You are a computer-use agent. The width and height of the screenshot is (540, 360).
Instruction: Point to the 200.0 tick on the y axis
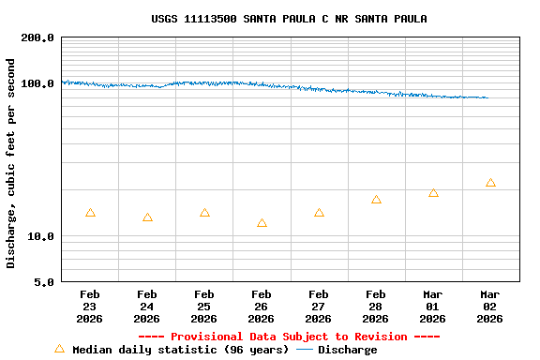[x=37, y=38]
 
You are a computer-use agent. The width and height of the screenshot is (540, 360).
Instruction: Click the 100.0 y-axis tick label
[x=37, y=83]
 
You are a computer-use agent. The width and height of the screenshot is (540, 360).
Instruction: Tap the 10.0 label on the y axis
[x=40, y=237]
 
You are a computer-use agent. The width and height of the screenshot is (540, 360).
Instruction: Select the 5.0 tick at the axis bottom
[x=44, y=282]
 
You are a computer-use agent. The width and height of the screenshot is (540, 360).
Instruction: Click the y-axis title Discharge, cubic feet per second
[x=11, y=163]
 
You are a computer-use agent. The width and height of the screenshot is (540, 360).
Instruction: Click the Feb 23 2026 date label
[x=90, y=307]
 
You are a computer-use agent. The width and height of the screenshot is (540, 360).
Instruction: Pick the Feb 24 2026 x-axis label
[x=147, y=307]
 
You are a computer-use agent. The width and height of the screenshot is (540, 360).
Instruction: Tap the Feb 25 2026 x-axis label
[x=204, y=307]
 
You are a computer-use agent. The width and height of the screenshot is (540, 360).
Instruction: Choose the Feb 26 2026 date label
[x=262, y=307]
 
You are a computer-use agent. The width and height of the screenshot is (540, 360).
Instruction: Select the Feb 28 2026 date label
[x=376, y=307]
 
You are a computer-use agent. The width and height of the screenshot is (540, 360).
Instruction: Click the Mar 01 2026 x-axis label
[x=433, y=307]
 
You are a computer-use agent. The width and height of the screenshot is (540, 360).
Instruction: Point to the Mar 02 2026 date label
[x=490, y=307]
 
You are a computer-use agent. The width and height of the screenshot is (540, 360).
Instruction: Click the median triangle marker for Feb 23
[x=90, y=213]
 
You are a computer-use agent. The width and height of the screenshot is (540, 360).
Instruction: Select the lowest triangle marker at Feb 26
[x=262, y=223]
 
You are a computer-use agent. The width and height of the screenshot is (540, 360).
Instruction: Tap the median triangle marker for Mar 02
[x=490, y=183]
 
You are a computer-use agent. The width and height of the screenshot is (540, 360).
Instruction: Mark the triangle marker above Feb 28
[x=376, y=200]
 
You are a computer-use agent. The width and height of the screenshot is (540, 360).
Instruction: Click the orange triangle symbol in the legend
[x=60, y=349]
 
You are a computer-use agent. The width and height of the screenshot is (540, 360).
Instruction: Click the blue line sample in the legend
[x=304, y=350]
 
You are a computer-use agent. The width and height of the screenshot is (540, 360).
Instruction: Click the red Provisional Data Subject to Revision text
[x=289, y=337]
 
